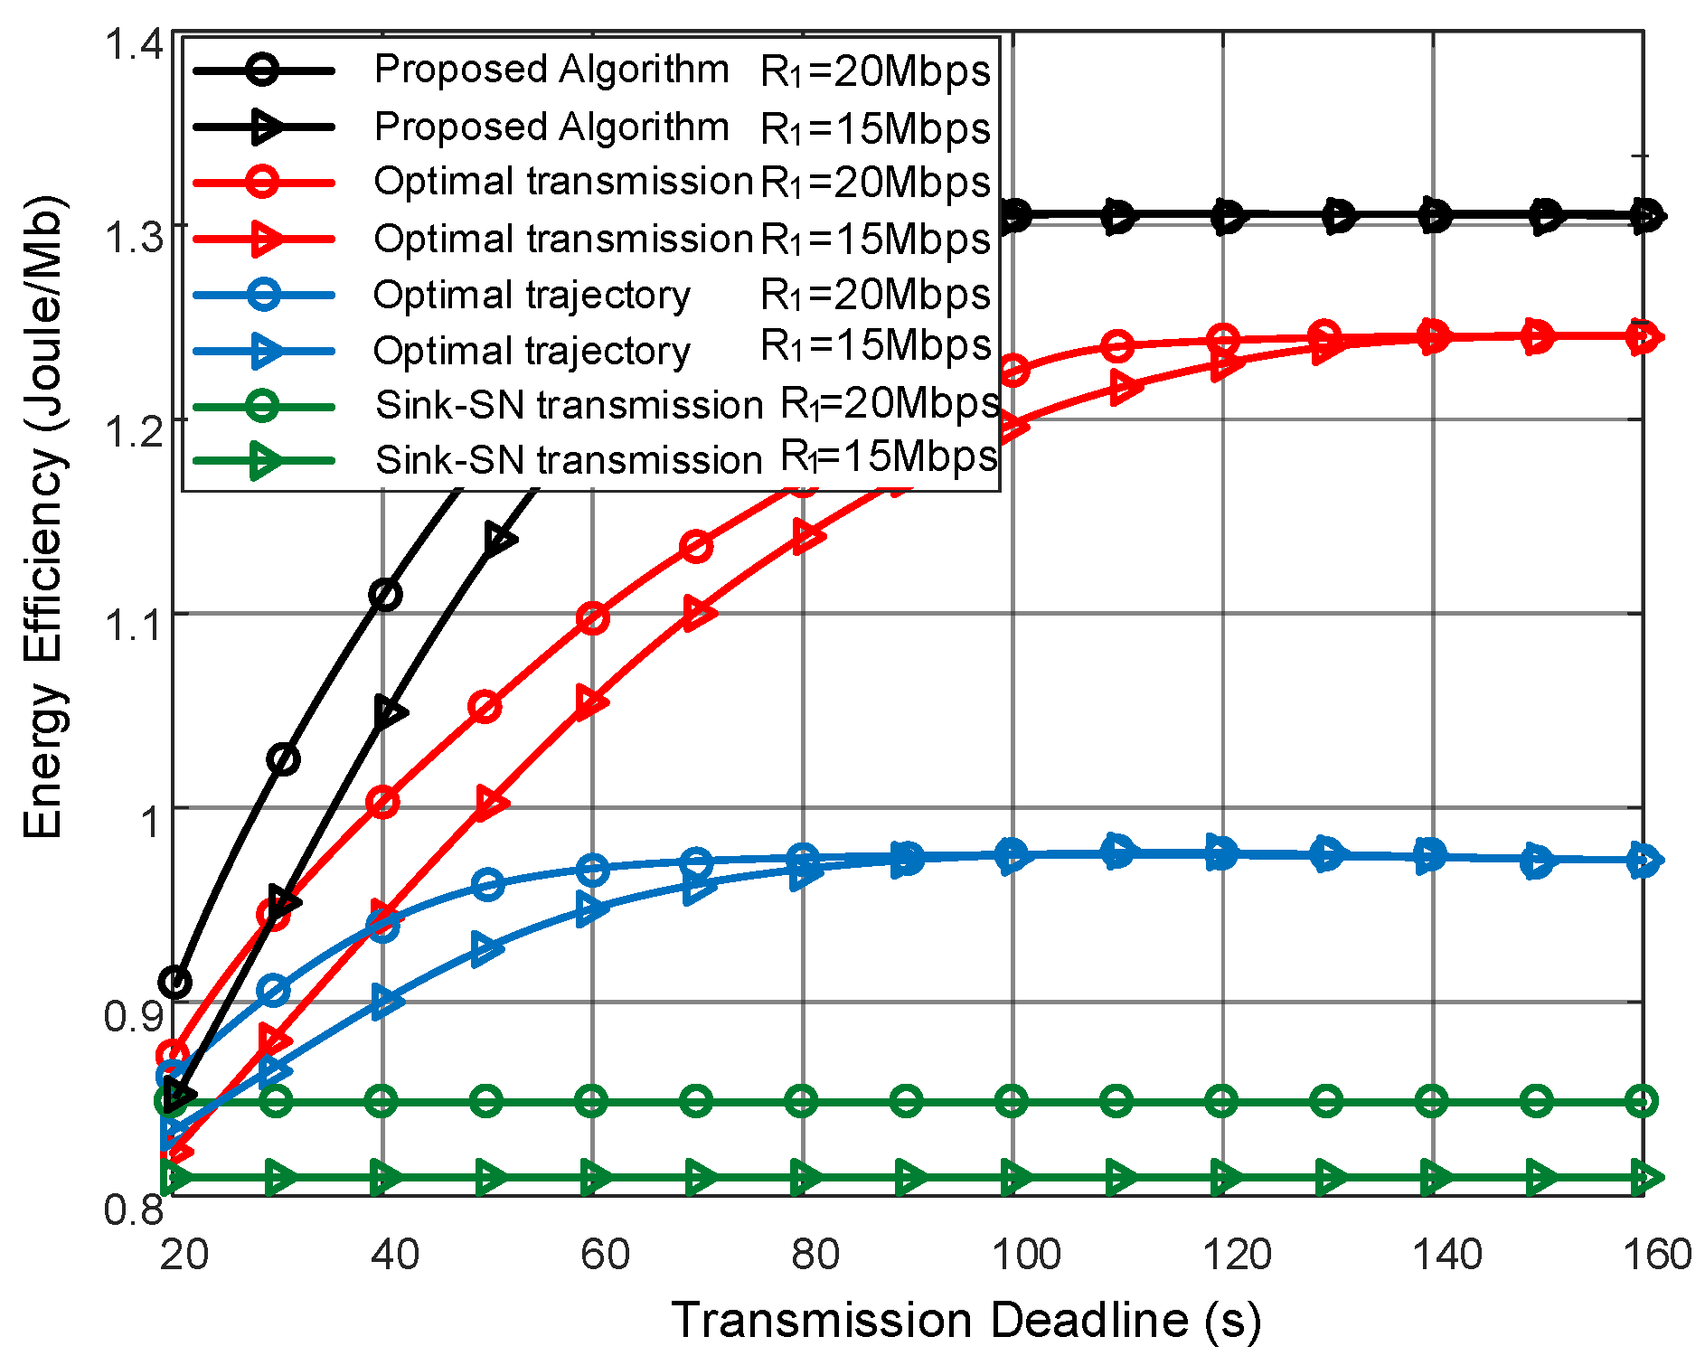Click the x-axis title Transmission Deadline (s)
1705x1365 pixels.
(x=965, y=1321)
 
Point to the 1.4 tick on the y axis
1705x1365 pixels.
(x=133, y=43)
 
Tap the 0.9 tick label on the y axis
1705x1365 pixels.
(x=133, y=1015)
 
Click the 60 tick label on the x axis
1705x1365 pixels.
(x=604, y=1255)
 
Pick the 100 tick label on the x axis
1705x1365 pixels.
(x=1025, y=1255)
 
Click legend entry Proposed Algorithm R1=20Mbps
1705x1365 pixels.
(x=591, y=70)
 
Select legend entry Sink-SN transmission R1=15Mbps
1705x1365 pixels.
(x=591, y=459)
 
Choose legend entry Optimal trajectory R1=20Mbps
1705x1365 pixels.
(x=591, y=295)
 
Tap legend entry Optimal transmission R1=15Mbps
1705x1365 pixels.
(x=591, y=239)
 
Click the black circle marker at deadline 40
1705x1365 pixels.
(x=385, y=595)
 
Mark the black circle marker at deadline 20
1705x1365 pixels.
(x=175, y=982)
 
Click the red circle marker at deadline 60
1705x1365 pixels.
(x=592, y=619)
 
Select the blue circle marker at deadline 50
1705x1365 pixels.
(x=488, y=884)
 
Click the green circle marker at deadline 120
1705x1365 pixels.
(x=1222, y=1101)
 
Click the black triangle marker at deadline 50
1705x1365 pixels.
(x=498, y=540)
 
